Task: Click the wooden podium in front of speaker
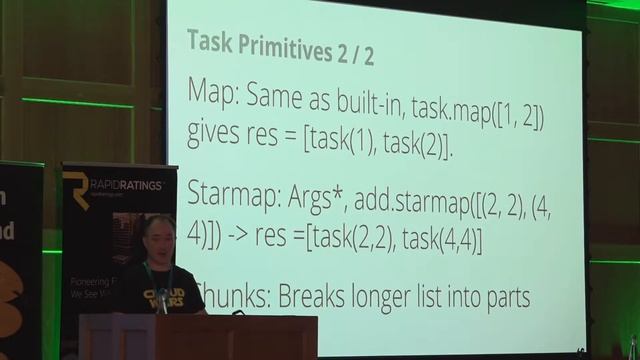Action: click(200, 337)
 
